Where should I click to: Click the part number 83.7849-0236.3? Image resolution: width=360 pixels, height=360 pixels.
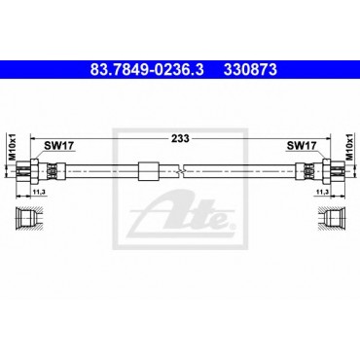(147, 70)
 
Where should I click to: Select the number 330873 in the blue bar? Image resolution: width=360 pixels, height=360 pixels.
(250, 70)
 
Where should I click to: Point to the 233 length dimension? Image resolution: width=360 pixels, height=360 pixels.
(180, 138)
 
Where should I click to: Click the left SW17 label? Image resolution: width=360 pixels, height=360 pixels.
(59, 146)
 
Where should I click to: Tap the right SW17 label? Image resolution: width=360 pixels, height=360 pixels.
(302, 146)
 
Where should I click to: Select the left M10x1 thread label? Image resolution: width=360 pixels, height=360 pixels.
(12, 146)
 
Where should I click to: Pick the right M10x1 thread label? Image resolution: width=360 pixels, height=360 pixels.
(349, 146)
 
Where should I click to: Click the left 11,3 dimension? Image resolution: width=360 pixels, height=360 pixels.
(39, 193)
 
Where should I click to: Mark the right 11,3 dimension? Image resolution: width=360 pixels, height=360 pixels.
(322, 193)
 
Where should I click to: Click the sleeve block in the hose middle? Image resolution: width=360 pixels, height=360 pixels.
(149, 171)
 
